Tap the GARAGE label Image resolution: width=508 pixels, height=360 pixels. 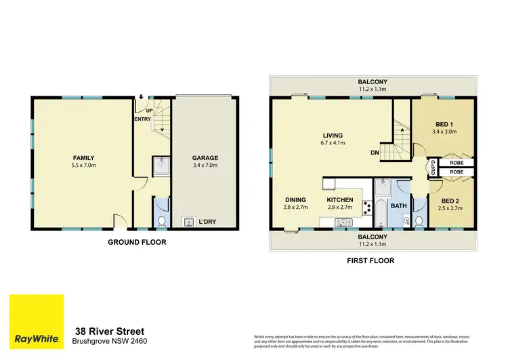205,157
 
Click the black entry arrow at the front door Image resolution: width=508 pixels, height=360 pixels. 141,98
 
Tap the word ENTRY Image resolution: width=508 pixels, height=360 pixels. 142,119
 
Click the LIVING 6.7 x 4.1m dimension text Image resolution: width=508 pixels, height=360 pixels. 334,143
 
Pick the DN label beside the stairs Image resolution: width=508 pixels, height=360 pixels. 375,153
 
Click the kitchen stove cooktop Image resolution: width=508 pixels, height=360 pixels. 368,207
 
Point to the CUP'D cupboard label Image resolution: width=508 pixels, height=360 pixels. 431,167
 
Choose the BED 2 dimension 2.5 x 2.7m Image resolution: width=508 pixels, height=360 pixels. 451,209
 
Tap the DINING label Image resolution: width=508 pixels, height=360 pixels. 296,199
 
